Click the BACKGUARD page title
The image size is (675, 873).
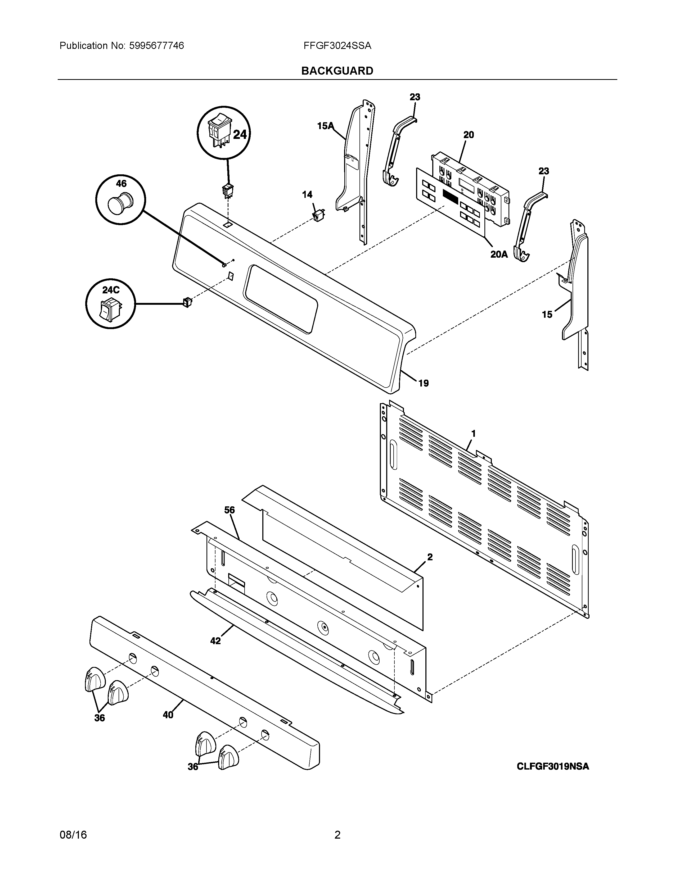(x=337, y=71)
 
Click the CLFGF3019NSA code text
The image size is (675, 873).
(x=553, y=766)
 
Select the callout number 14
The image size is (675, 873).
(x=307, y=195)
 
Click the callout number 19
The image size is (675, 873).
(x=424, y=383)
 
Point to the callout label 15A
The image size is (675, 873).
(x=325, y=126)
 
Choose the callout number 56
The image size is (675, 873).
(x=229, y=510)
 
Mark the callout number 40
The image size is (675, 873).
(x=168, y=715)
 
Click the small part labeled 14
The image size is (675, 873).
(x=319, y=215)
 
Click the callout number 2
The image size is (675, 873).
(x=430, y=557)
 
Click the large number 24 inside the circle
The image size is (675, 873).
(x=240, y=135)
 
